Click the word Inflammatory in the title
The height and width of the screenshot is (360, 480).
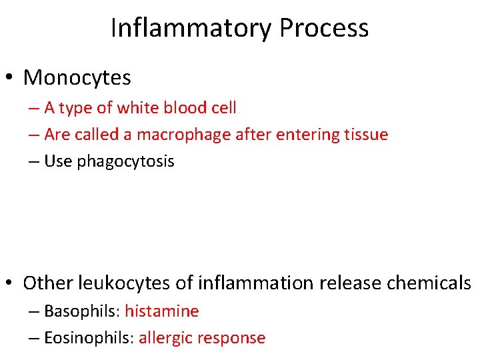coord(191,28)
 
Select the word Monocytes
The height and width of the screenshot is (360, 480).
coord(77,78)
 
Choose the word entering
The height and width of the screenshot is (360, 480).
coord(308,135)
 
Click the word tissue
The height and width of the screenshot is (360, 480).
coord(366,135)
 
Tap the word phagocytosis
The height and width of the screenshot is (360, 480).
coord(126,161)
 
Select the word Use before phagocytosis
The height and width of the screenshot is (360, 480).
coord(58,161)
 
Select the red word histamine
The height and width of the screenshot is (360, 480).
coord(162,311)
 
